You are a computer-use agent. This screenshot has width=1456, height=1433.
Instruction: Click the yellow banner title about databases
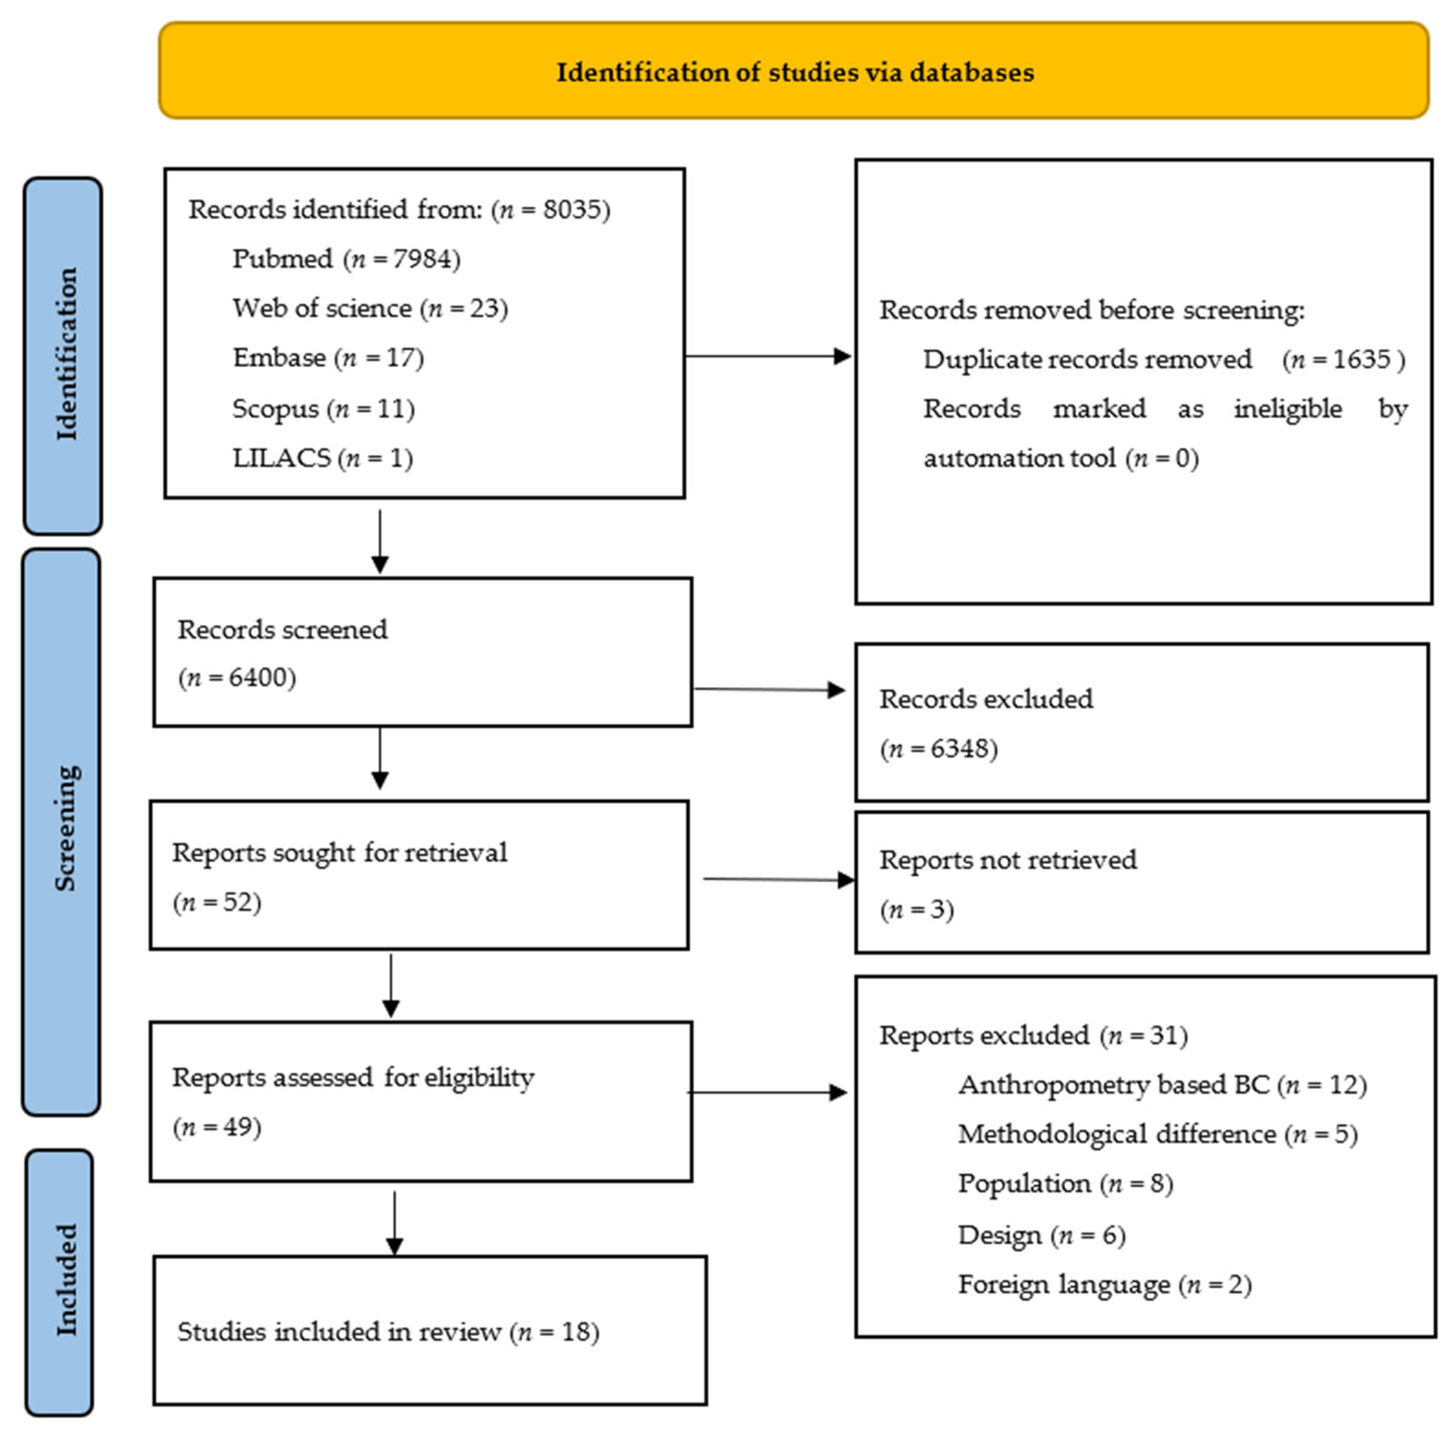point(794,72)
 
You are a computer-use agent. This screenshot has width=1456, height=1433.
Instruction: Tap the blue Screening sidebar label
point(65,828)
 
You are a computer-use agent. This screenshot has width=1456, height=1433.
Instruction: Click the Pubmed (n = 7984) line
point(346,259)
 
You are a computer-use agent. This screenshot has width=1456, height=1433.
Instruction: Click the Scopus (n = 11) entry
point(324,409)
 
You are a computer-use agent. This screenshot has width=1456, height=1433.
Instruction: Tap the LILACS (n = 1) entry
point(322,458)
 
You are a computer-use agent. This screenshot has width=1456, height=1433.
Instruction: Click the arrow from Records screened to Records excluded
point(768,689)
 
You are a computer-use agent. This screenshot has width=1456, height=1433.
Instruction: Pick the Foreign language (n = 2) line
point(1104,1284)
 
